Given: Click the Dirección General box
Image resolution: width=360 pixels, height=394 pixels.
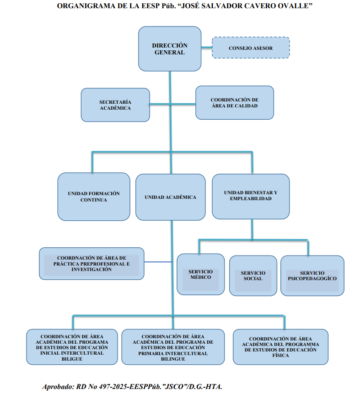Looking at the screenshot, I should pyautogui.click(x=170, y=49).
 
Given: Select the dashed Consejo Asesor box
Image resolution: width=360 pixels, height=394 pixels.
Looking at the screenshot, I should pyautogui.click(x=251, y=48).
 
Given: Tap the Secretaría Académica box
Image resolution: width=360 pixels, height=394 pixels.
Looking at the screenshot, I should pyautogui.click(x=115, y=105).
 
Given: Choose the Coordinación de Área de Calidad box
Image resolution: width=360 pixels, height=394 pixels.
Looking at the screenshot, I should pyautogui.click(x=234, y=102).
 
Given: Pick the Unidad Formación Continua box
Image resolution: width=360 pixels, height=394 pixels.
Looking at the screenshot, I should pyautogui.click(x=93, y=197).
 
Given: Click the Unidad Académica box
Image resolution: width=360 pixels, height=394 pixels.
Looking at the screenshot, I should pyautogui.click(x=170, y=197).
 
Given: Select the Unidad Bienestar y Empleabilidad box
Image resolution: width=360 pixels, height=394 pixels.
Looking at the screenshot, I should pyautogui.click(x=251, y=196).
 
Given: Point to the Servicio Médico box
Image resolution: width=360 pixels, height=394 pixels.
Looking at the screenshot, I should pyautogui.click(x=200, y=274).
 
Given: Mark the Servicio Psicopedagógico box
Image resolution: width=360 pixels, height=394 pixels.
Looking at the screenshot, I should pyautogui.click(x=312, y=276).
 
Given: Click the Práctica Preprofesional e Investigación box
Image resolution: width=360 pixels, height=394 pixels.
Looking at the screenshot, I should pyautogui.click(x=91, y=264).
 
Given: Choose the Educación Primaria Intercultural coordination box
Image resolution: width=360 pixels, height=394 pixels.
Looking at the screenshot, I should pyautogui.click(x=173, y=347).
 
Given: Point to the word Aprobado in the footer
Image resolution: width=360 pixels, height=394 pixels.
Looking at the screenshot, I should pyautogui.click(x=57, y=386).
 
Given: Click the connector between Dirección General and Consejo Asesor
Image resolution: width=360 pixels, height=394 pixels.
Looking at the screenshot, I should pyautogui.click(x=207, y=47).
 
